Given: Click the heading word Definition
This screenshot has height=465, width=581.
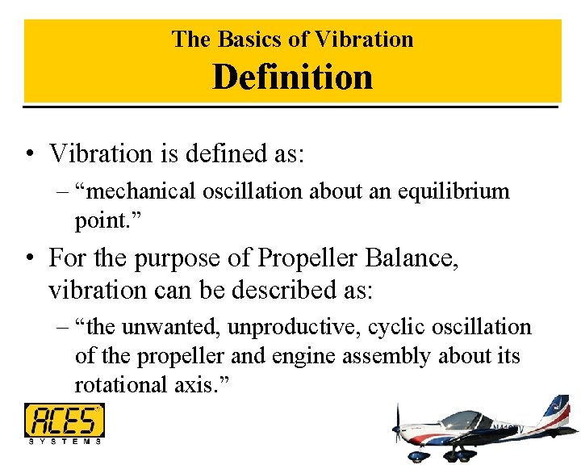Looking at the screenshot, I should point(292,77).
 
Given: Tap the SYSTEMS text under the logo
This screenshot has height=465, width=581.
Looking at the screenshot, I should point(65,441).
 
